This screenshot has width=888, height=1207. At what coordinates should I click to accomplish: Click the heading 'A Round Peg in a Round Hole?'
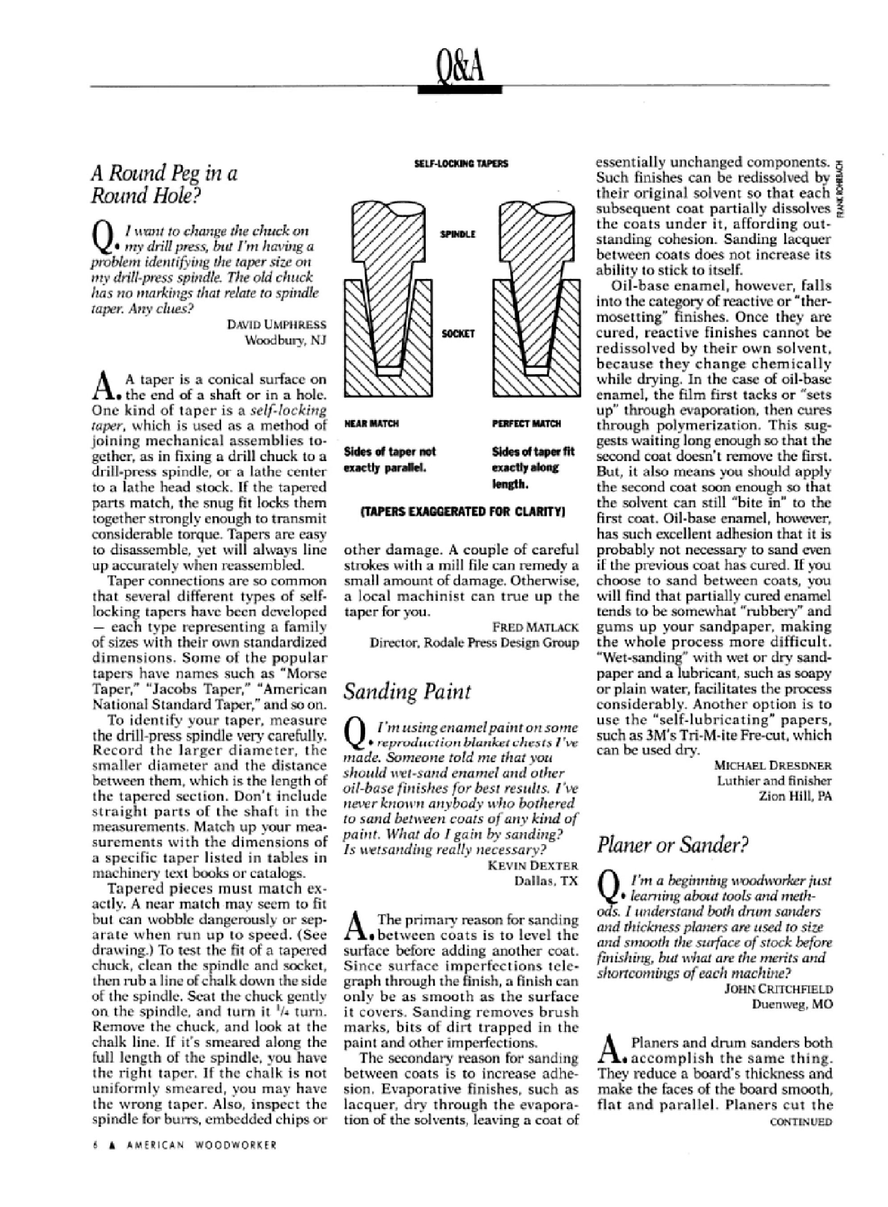[163, 184]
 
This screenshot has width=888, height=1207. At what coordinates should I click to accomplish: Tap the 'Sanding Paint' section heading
[407, 691]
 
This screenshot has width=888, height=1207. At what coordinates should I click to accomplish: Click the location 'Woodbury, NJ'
[285, 340]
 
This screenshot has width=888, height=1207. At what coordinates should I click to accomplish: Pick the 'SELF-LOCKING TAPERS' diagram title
[462, 163]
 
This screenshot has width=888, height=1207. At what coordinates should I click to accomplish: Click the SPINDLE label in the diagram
[458, 235]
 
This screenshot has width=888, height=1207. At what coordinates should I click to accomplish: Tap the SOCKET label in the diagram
[458, 334]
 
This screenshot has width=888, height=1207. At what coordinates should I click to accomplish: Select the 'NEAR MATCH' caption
[371, 424]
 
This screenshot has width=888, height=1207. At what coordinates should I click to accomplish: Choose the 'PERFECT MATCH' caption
[526, 424]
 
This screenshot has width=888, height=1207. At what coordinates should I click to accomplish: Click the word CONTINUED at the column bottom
[801, 1122]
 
